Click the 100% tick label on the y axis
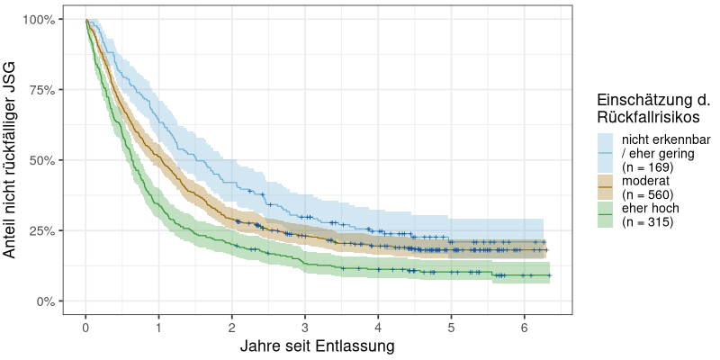click(x=41, y=20)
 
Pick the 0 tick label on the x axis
click(x=85, y=325)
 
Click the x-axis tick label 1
click(x=158, y=325)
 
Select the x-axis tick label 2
click(x=232, y=325)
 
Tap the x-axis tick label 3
click(x=305, y=325)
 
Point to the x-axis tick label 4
click(x=378, y=325)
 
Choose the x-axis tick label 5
click(x=451, y=325)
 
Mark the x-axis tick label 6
click(x=525, y=325)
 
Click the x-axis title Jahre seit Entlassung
click(x=317, y=346)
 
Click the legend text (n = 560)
click(x=648, y=194)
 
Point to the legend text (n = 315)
click(x=648, y=221)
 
